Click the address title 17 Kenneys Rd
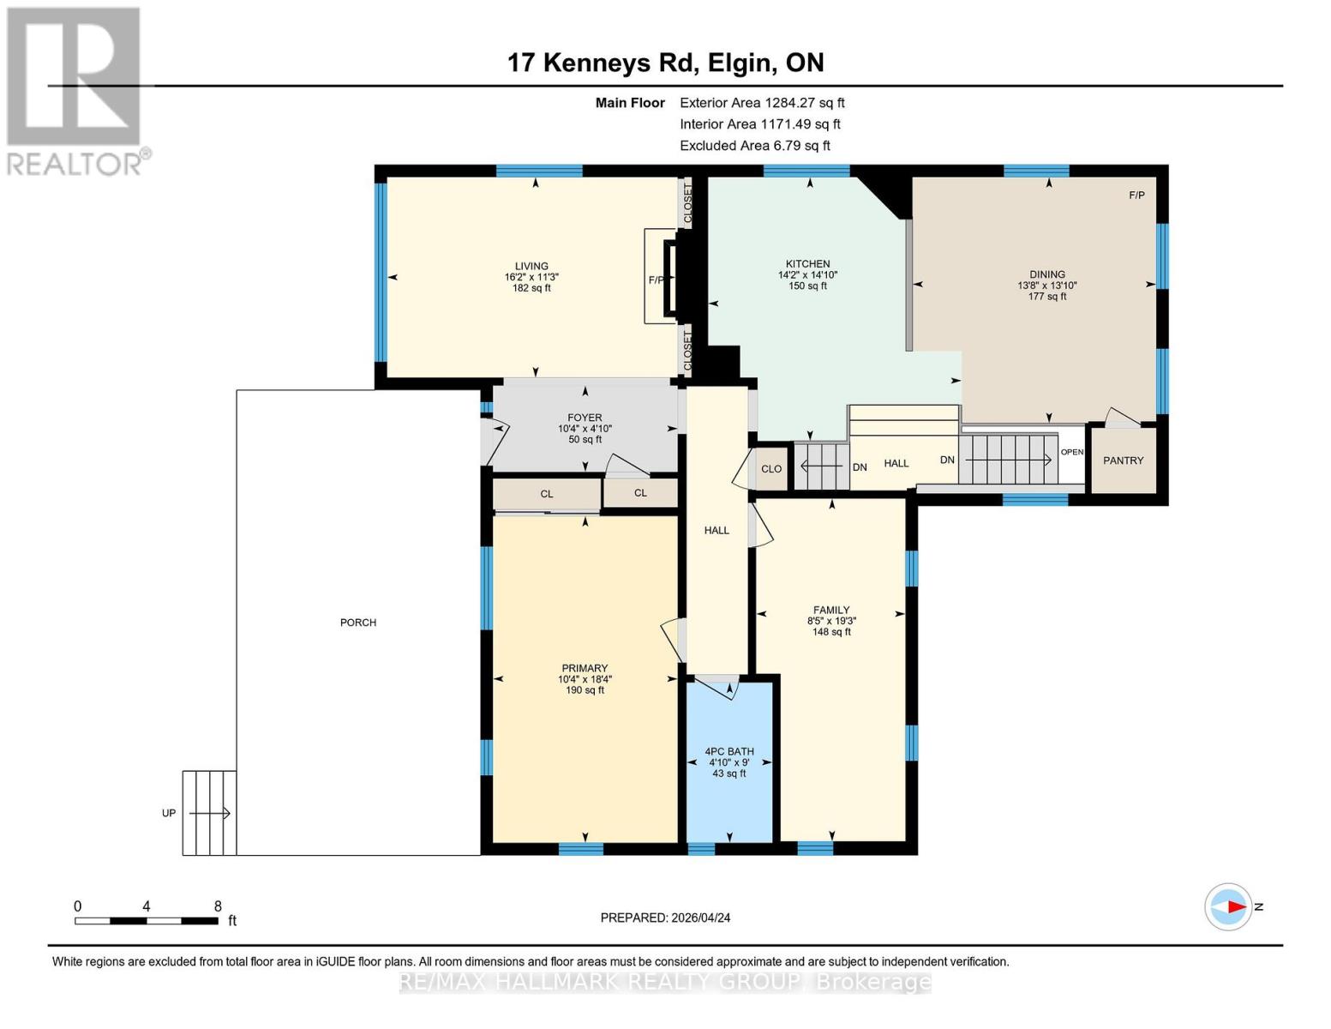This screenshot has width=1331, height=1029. [665, 63]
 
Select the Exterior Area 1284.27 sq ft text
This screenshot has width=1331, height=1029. [762, 103]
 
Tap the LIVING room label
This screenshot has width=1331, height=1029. [531, 266]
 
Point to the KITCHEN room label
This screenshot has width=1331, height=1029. [807, 264]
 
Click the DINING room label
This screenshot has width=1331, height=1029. [1046, 274]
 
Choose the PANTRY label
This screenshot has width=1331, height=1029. [1123, 460]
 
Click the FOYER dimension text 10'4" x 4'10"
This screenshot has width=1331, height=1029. [585, 429]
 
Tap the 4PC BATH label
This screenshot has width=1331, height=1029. [729, 751]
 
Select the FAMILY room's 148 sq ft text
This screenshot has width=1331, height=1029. [831, 632]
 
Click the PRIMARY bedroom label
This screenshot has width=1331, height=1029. [585, 668]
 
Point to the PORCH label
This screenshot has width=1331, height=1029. [358, 623]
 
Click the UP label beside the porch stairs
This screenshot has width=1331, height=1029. [169, 813]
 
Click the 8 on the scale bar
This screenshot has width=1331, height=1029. [218, 906]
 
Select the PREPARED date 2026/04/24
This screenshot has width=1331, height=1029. [665, 918]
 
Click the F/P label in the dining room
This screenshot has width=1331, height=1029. [1136, 196]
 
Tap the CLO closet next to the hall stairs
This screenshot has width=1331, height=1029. [771, 469]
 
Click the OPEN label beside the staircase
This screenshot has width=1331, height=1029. [1072, 452]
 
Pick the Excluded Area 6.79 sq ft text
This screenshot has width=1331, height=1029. [754, 146]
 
